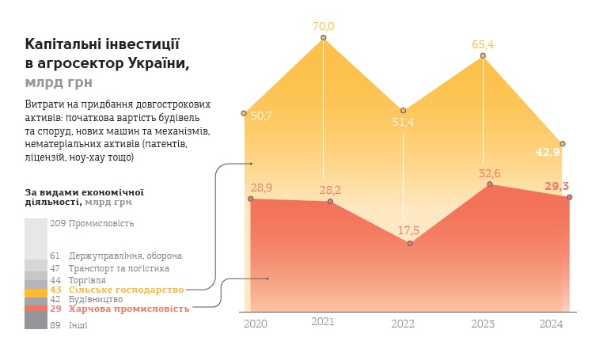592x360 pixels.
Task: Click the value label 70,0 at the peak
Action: coord(324,26)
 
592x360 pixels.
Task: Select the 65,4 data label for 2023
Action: coord(483,44)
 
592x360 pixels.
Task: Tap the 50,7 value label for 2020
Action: coord(261,116)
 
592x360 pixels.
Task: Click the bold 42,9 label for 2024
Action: coord(548,152)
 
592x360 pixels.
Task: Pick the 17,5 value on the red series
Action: coord(408,230)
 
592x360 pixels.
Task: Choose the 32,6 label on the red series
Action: coord(489,173)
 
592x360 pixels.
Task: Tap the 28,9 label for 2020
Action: coord(261,188)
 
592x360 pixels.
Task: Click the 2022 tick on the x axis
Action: coord(403,324)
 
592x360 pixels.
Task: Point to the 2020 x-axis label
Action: coord(255,324)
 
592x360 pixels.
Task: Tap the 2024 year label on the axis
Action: coord(551,324)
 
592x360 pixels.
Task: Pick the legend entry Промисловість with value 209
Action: coord(101,223)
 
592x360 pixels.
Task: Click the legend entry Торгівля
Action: coord(87,280)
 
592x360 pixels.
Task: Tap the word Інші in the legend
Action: coord(78,325)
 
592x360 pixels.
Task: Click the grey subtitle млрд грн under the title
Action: coord(59,81)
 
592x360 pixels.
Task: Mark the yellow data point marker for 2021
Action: coord(324,37)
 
